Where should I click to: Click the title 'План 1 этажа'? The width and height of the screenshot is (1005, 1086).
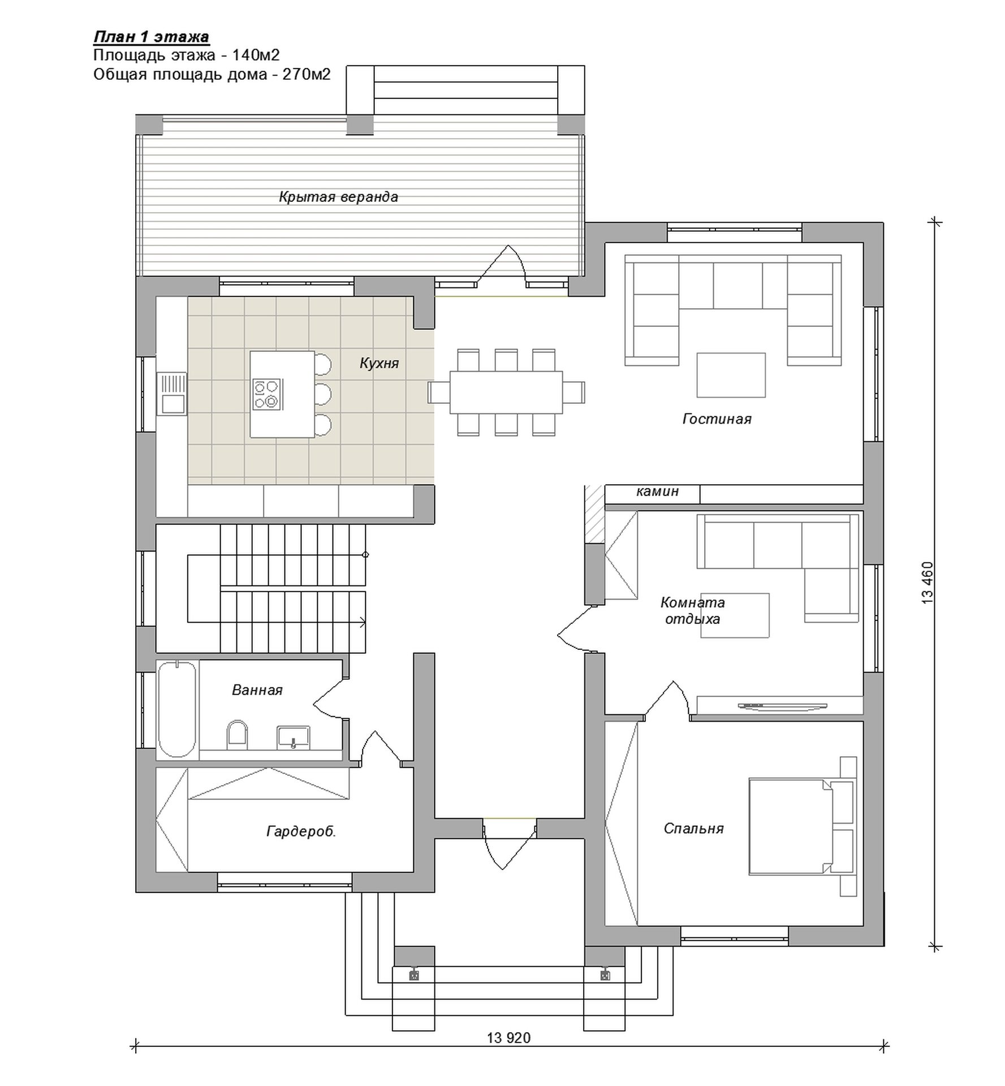tap(151, 37)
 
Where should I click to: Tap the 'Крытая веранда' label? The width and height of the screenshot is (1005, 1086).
tap(338, 197)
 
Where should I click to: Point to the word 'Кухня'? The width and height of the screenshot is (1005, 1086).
tap(379, 363)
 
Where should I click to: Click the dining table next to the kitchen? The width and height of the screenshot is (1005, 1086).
tap(506, 392)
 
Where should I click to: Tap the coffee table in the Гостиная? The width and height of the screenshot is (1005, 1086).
tap(731, 375)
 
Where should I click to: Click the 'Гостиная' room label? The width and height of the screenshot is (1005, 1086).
tap(717, 419)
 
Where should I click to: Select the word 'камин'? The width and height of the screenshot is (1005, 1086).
tap(657, 492)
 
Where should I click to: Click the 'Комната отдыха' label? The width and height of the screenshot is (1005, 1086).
tap(692, 611)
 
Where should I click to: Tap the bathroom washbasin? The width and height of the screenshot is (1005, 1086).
tap(293, 738)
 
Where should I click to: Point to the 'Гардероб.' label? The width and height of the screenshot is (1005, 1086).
tap(301, 831)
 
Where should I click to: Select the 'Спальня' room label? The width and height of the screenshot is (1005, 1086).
tap(693, 829)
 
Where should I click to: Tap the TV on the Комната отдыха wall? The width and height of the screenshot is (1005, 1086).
tap(766, 705)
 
